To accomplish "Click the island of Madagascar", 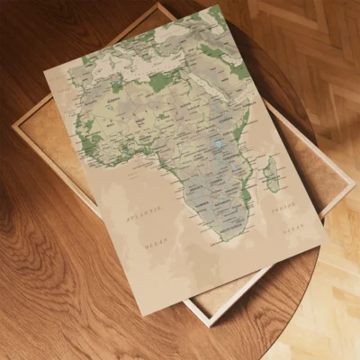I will point(272,173).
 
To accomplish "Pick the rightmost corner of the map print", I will point(326,244).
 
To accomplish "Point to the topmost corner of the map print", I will point(217,4).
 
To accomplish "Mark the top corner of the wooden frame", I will point(161,4).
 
